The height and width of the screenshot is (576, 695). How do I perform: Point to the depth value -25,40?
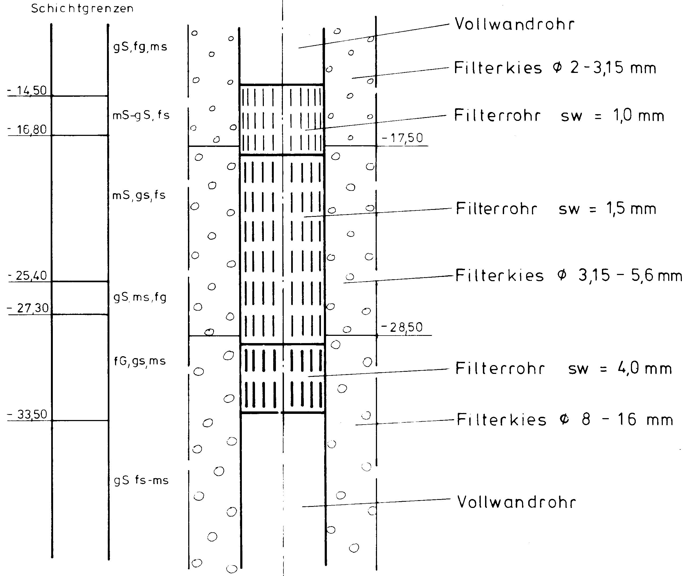point(28,275)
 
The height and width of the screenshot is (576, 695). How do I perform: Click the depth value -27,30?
point(29,308)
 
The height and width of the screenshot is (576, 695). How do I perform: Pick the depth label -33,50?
point(28,414)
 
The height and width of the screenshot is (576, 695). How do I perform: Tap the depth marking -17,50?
point(402,138)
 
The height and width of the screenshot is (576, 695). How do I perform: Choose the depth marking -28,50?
point(402,327)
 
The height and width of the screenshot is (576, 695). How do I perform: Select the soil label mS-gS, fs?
point(141,116)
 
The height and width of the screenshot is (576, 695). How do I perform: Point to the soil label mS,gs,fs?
point(139,195)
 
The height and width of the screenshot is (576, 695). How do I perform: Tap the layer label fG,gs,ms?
point(140,361)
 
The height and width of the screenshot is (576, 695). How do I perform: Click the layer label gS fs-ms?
point(141,480)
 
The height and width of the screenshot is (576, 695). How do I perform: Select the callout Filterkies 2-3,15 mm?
point(555,68)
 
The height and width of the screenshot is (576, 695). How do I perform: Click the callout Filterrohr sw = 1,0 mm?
point(559,116)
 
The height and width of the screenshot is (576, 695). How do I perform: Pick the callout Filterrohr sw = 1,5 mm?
point(556,209)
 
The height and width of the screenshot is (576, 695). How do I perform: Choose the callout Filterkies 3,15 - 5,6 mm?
point(569,276)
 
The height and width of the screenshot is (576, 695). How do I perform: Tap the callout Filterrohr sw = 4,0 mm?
point(563,369)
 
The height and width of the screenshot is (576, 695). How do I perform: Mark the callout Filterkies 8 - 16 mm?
point(565,419)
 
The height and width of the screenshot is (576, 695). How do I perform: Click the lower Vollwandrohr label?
point(516,502)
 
